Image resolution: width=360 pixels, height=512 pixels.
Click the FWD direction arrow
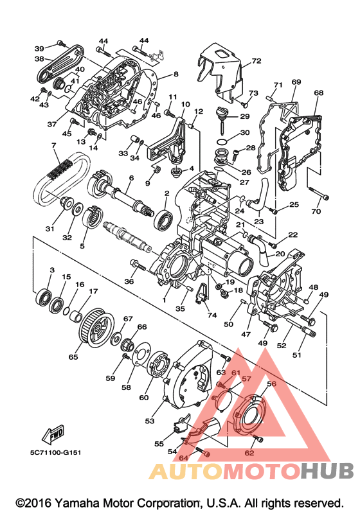click(53, 434)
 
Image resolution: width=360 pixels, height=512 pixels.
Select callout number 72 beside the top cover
click(256, 61)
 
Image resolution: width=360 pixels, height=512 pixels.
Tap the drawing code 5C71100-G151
click(55, 452)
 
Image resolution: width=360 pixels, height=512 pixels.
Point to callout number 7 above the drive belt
click(53, 145)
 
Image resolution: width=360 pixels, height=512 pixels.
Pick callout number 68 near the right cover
click(318, 93)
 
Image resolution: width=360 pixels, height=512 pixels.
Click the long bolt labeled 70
click(318, 193)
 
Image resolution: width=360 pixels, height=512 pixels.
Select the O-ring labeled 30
click(223, 142)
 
